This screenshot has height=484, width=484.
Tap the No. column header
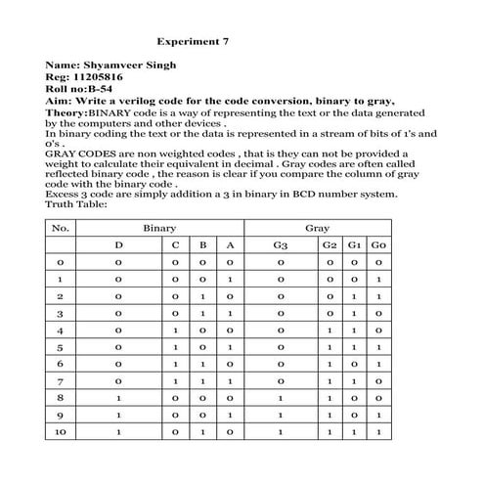[61, 227]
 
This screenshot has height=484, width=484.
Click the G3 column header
[281, 245]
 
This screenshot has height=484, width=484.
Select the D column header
[119, 245]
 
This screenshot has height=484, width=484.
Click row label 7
[61, 379]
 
